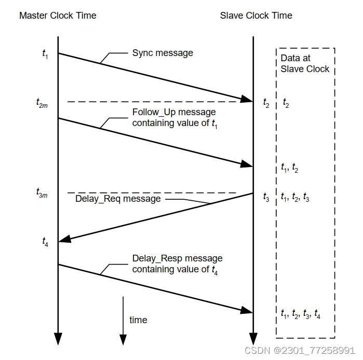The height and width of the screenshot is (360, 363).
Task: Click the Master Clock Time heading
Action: [x=58, y=16]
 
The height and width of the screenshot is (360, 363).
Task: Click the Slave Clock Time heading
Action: [x=256, y=16]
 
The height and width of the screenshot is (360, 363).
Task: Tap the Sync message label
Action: [x=163, y=53]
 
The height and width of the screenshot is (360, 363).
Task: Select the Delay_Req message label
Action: [x=118, y=199]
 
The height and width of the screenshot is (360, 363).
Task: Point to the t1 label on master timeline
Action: [x=45, y=53]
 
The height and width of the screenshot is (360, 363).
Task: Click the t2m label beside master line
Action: [x=43, y=104]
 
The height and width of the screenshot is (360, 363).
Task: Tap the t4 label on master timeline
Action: [x=45, y=241]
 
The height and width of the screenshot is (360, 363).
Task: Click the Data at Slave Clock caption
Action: [x=305, y=63]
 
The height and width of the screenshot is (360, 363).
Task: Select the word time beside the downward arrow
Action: [x=138, y=320]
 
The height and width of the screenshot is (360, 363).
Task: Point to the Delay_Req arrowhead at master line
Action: [x=65, y=239]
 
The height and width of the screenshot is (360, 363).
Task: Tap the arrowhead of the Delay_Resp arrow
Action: [x=246, y=310]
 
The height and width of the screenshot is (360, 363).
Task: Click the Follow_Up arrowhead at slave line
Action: [x=246, y=164]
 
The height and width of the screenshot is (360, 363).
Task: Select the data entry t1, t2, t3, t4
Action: [x=300, y=314]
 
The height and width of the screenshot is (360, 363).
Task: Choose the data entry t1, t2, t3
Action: [x=294, y=198]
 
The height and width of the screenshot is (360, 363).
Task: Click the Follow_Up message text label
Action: [x=174, y=118]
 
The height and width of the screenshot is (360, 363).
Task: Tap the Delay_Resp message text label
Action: [x=177, y=264]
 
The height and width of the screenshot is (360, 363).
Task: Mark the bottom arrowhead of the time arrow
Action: [x=123, y=339]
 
